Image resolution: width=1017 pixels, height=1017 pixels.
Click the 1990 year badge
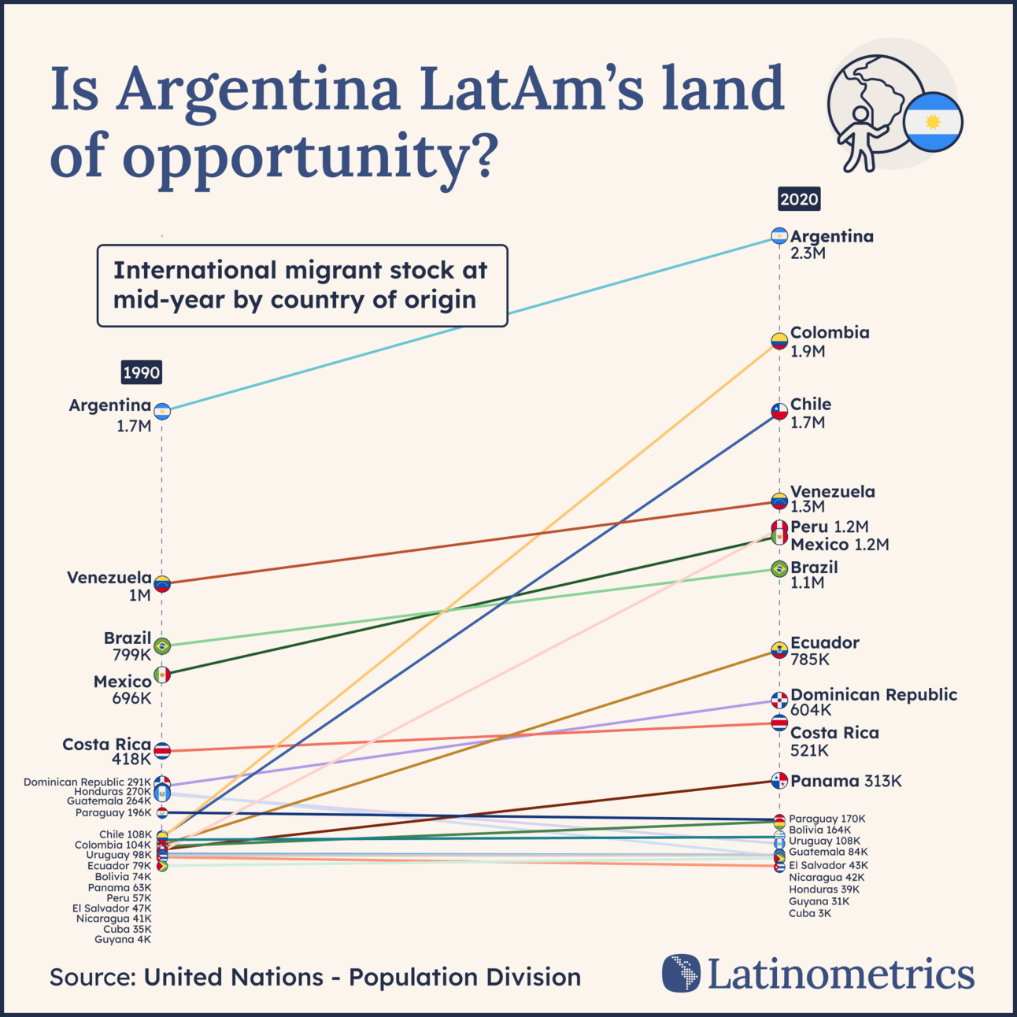coord(142,372)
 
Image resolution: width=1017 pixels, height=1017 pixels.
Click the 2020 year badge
coord(799,199)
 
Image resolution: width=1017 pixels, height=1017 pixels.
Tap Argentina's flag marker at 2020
coord(779,236)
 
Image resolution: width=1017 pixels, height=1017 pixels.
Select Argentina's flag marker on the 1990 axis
coord(162,411)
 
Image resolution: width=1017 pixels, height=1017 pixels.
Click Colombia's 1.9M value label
coord(808,352)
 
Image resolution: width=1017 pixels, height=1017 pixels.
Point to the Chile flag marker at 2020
coord(779,412)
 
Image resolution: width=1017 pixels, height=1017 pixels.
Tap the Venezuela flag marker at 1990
coord(162,583)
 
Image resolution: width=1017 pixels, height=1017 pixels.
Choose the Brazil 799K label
coord(131,655)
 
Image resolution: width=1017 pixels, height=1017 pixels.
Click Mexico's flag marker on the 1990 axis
coord(162,675)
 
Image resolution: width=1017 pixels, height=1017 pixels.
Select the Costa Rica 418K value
coord(131,760)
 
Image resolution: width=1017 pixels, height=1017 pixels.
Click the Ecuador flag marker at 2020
coord(779,650)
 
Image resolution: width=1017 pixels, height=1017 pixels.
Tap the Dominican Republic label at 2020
coord(874,694)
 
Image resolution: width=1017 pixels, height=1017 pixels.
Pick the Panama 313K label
coord(846,781)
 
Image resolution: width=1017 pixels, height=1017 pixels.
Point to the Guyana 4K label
coord(122,939)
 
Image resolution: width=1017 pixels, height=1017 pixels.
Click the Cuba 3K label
coord(810,913)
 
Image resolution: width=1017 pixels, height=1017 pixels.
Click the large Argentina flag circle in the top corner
coord(933,122)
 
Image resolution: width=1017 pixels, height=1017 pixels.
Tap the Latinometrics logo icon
coord(681,973)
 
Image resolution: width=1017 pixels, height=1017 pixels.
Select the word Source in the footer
coord(92,977)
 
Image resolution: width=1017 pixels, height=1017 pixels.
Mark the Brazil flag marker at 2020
coord(779,569)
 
